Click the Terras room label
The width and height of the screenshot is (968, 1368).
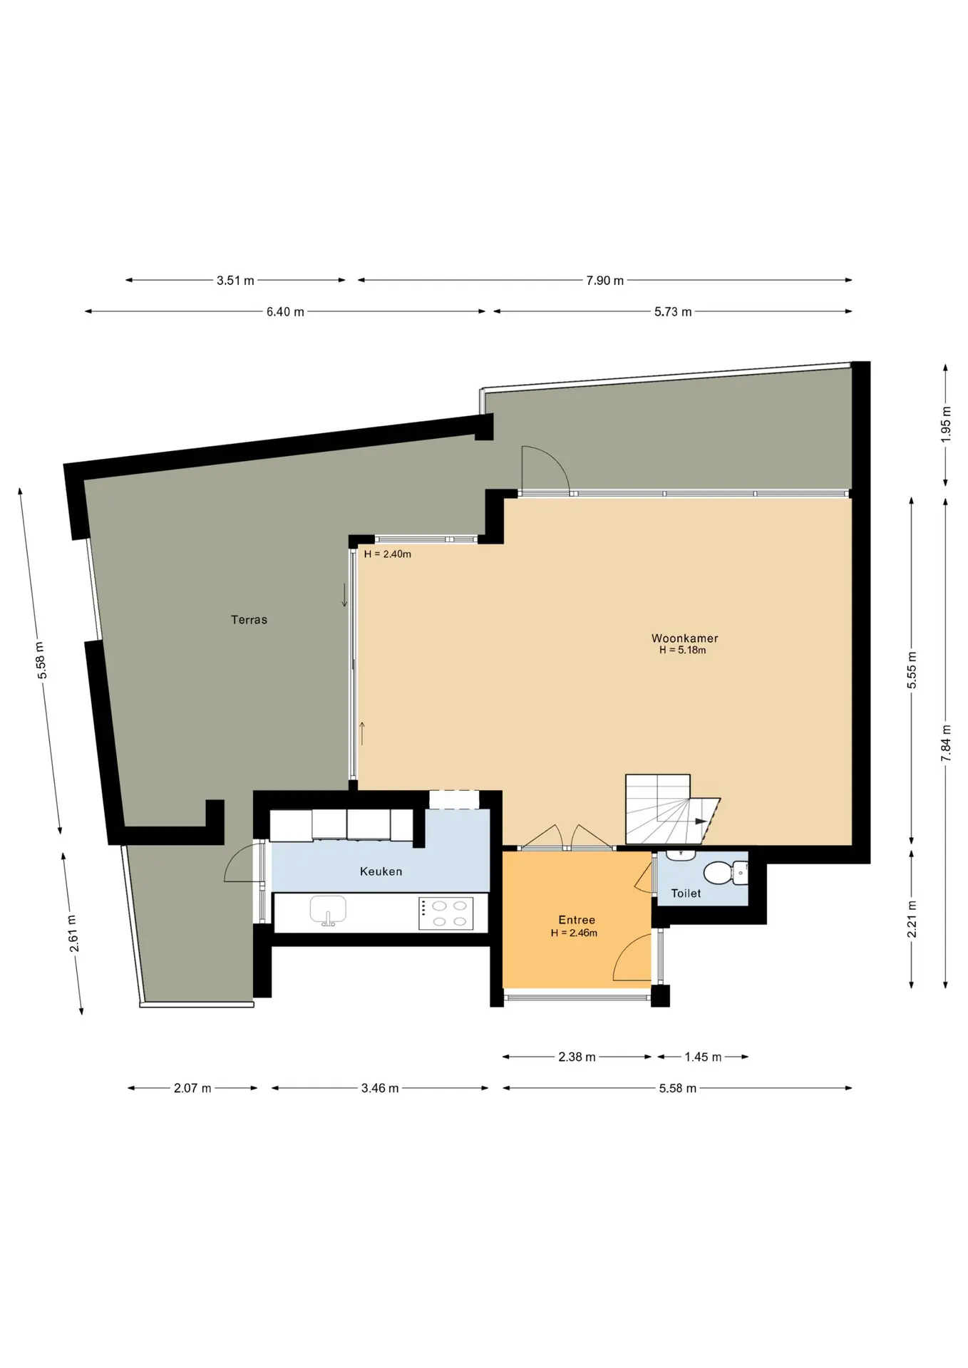[x=249, y=620]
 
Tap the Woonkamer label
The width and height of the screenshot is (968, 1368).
[x=684, y=638]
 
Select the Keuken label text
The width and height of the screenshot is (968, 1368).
[x=381, y=871]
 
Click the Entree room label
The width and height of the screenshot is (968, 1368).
[x=576, y=920]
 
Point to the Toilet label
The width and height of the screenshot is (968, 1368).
[x=686, y=893]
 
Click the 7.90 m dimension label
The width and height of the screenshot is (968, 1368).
[x=604, y=281]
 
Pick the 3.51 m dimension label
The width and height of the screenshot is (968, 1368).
[x=235, y=281]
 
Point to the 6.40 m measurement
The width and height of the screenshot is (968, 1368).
[x=285, y=312]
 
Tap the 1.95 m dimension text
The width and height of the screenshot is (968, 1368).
[x=946, y=425]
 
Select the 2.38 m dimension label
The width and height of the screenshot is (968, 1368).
[x=577, y=1057]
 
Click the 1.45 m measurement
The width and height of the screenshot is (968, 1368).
[x=703, y=1057]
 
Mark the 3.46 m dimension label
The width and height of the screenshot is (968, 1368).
[x=380, y=1089]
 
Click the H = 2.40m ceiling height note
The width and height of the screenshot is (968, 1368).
[x=387, y=554]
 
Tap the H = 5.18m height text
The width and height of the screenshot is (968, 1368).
[x=683, y=651]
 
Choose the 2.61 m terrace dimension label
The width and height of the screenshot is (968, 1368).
[x=73, y=933]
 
